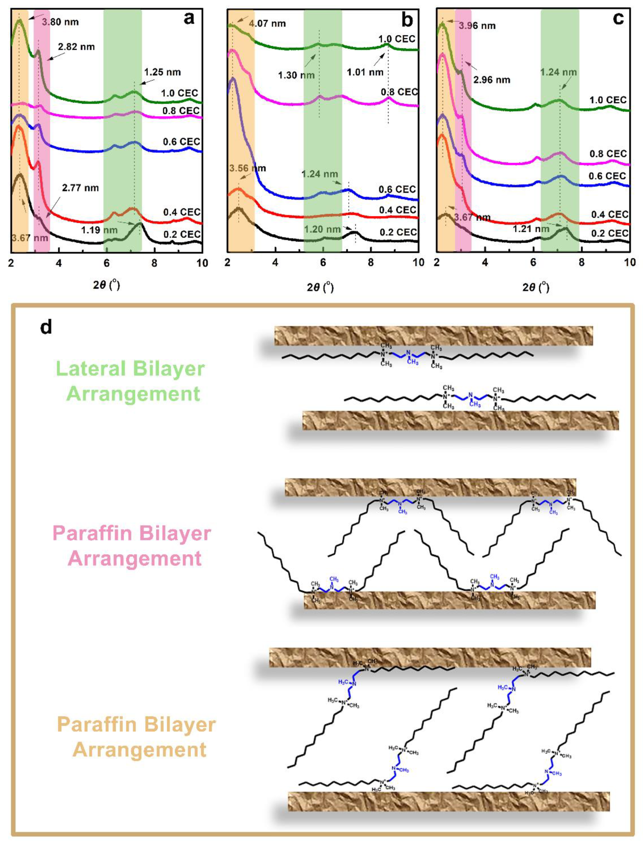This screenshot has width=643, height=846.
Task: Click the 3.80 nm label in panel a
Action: click(x=60, y=22)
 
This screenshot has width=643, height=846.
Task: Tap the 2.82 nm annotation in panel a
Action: click(x=76, y=47)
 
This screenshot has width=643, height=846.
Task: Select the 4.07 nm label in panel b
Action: click(x=267, y=23)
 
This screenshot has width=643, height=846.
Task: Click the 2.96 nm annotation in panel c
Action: click(x=491, y=80)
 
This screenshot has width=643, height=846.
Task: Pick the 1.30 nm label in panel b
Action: click(x=296, y=75)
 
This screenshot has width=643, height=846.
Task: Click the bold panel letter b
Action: click(x=407, y=20)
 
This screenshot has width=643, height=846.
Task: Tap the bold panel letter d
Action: click(x=46, y=328)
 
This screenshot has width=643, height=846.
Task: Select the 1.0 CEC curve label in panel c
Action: click(x=608, y=100)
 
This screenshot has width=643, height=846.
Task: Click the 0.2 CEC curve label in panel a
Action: click(x=182, y=234)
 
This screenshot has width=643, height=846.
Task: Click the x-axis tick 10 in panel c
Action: click(x=629, y=262)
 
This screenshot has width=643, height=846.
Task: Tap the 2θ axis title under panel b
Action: click(x=320, y=287)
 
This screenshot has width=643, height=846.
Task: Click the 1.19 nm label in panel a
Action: click(x=99, y=230)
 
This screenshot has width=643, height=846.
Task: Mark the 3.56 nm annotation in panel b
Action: click(x=247, y=168)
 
